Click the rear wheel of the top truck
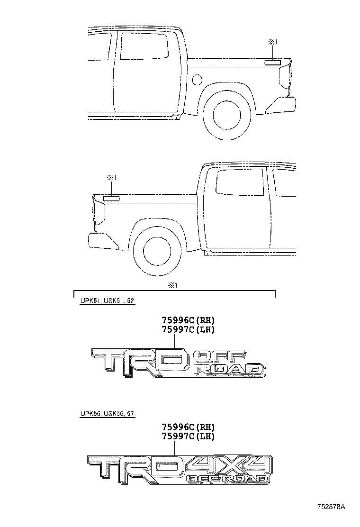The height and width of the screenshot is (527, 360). click(x=226, y=115)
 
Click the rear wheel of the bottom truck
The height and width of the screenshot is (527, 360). click(x=158, y=252)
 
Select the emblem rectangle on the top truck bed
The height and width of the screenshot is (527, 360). click(x=273, y=62)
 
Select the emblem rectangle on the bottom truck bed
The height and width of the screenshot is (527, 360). click(x=112, y=198)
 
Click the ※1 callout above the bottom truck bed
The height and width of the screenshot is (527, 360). click(x=112, y=178)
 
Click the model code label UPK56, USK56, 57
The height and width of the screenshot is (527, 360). click(x=107, y=414)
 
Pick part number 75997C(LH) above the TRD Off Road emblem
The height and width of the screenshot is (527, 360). click(x=188, y=330)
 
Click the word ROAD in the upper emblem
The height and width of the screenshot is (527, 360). click(x=230, y=370)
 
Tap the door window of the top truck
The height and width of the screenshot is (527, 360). click(x=144, y=46)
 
